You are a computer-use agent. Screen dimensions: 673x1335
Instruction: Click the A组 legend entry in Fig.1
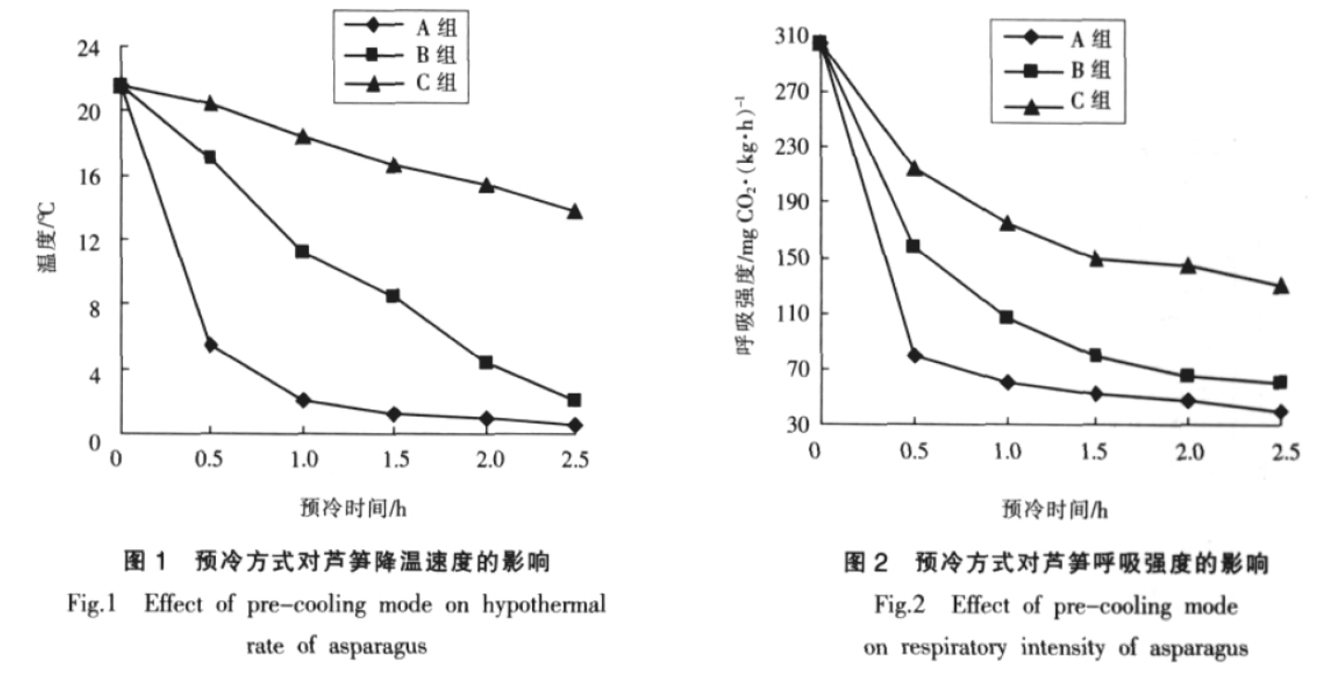(433, 20)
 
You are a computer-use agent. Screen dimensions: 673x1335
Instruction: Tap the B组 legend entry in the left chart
(433, 51)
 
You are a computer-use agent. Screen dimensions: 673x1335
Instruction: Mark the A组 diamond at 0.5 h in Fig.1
(211, 345)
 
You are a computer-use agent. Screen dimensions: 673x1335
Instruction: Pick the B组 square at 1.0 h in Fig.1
(301, 251)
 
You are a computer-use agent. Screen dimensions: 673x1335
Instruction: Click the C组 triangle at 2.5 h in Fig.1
(575, 211)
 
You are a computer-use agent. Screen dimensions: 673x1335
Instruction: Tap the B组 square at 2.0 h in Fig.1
(485, 362)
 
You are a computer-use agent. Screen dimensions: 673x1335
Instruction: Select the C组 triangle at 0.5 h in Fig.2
(914, 168)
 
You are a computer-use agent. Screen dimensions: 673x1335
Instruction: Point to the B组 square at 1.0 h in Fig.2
(1006, 317)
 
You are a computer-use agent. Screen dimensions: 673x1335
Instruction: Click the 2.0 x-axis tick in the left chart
(485, 459)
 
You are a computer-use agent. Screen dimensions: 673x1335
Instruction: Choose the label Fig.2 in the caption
(901, 605)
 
